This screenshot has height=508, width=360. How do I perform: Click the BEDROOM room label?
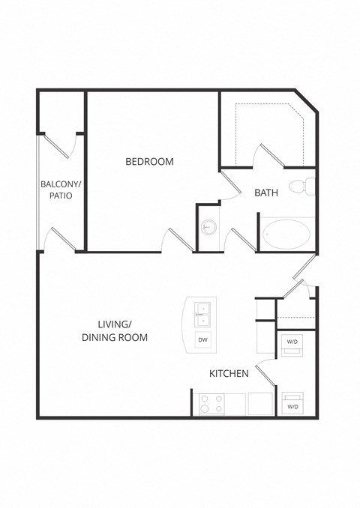point(149,161)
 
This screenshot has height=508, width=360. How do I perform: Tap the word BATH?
point(266,193)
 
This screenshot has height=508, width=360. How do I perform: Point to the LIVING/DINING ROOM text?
point(115,330)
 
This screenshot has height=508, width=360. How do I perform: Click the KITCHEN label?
point(229,372)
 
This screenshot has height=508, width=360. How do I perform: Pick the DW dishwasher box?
point(202,340)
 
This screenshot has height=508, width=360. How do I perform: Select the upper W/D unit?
point(292,342)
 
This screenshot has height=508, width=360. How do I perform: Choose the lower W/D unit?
point(292,405)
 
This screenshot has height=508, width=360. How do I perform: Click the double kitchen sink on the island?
point(202,314)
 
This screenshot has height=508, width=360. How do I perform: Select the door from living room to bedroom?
point(178,240)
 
